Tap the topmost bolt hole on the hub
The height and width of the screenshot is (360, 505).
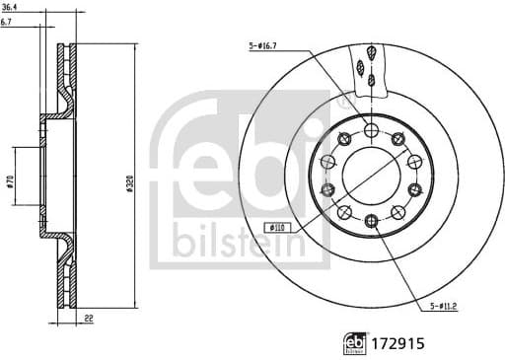[x=370, y=131]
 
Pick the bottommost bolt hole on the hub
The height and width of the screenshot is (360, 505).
[x=370, y=220]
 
